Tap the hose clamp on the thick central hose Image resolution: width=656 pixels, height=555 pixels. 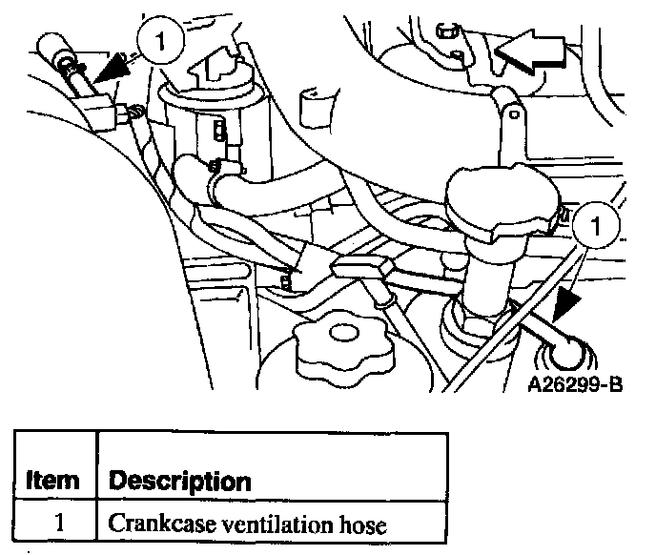coord(221,172)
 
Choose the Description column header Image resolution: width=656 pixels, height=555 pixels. coord(180,481)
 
